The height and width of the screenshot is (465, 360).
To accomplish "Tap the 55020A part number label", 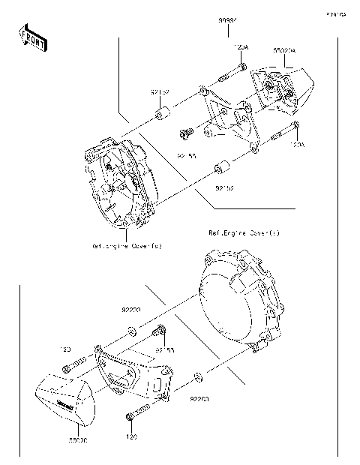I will coord(286,51).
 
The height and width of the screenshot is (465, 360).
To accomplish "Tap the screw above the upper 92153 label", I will coord(183,135).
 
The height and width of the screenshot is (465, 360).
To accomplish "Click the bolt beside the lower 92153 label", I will coord(159,332).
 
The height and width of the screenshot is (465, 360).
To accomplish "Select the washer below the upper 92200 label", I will coord(132,330).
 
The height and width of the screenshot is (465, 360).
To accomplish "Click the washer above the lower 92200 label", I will coord(196,373).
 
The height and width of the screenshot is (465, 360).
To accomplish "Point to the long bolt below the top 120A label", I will coord(232,71).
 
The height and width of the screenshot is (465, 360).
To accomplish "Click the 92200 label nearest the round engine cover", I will coord(199,400).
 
